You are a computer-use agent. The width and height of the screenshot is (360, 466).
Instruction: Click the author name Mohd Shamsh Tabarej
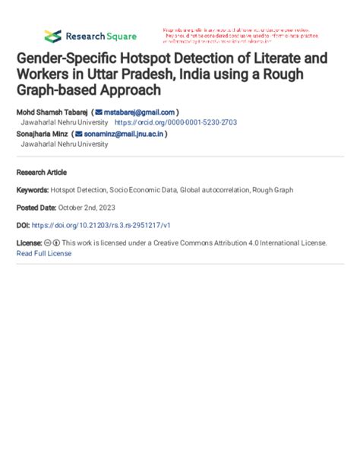click(52, 112)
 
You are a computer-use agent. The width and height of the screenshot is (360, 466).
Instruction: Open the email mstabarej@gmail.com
click(139, 112)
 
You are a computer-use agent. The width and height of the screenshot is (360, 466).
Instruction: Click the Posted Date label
click(36, 208)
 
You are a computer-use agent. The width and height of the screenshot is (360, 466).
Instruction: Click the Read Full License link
click(44, 253)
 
